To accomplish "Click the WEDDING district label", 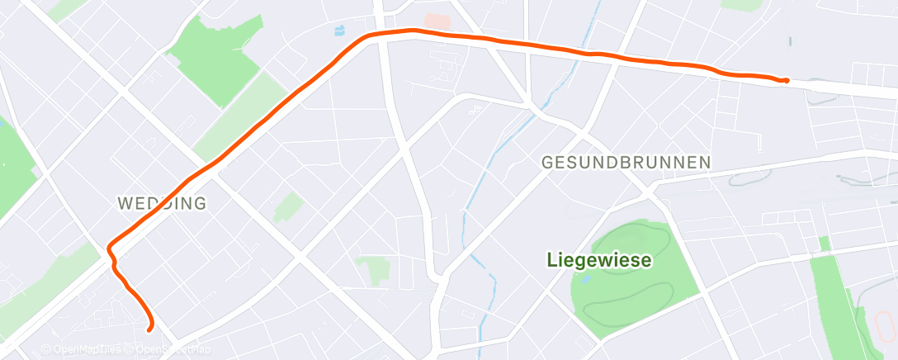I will (162, 203).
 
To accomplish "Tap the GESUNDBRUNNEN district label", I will (626, 163).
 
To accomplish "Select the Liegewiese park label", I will (599, 261).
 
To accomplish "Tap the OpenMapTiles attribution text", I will (83, 349).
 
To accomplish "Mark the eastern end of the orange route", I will (786, 80).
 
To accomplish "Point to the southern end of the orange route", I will (149, 329).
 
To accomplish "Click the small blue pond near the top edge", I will (339, 31).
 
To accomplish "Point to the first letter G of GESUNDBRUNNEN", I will (547, 163).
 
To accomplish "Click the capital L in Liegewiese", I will (551, 261).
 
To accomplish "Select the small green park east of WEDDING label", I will (288, 207).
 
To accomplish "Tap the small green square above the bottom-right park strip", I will (823, 243).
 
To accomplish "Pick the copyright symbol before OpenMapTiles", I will (45, 349).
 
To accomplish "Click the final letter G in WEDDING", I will (200, 203).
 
